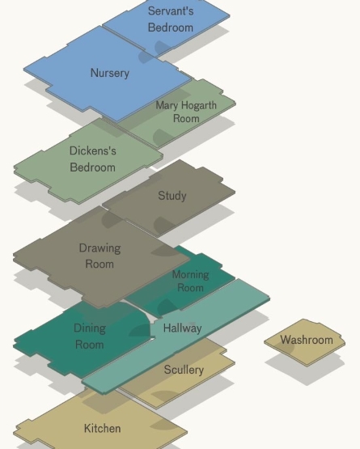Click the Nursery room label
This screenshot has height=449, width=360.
(110, 74)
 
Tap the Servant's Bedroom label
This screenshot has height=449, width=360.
(171, 19)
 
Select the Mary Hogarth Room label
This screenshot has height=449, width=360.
(186, 112)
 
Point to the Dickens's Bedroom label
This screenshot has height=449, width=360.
(93, 159)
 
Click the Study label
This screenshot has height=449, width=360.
(172, 196)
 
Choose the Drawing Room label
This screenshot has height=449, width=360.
(100, 256)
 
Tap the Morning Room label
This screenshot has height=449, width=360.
(190, 281)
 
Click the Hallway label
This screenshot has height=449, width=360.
(183, 328)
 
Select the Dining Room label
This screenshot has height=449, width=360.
(90, 337)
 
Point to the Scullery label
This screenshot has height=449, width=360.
(184, 370)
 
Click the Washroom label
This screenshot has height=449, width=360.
(307, 340)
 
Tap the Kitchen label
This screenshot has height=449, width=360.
(102, 429)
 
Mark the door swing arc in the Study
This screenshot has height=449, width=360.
(163, 225)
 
